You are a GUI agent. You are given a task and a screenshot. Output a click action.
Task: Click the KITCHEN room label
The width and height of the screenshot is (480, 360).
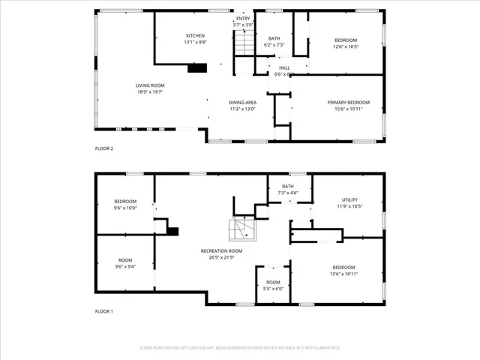pos(196,35)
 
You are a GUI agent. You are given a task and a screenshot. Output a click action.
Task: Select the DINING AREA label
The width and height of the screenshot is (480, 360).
pos(242,102)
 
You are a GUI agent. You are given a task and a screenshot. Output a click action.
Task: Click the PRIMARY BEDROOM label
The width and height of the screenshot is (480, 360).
pos(346,102)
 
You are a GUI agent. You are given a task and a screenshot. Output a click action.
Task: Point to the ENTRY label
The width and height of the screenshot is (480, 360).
pos(244,18)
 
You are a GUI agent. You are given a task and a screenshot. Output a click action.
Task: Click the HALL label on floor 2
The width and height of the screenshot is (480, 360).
pos(284,67)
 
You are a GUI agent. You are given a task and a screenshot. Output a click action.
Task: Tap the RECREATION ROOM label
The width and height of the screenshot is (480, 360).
pos(221,250)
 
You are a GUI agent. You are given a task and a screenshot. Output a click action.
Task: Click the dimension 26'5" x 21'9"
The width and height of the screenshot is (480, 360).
pos(221,257)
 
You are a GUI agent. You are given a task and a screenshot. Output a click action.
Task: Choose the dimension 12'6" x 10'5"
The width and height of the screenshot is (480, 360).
pos(346,46)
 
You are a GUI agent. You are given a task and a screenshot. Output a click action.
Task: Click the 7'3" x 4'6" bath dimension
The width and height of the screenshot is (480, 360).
pos(287,193)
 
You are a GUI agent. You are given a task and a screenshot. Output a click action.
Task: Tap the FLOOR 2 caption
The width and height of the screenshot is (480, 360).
pos(103,148)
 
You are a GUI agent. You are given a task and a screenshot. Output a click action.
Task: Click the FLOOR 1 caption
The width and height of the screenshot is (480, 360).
pos(103,310)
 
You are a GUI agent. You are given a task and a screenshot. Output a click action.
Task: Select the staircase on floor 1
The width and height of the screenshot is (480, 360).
pos(241,228)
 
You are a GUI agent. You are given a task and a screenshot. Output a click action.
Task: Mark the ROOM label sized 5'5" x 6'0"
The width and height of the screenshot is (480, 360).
pos(272,282)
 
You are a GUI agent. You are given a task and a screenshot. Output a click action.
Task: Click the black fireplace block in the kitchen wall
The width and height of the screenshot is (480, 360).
pos(197,68)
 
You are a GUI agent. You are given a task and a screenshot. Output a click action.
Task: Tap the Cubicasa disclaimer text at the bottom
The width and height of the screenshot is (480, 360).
pos(240,348)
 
